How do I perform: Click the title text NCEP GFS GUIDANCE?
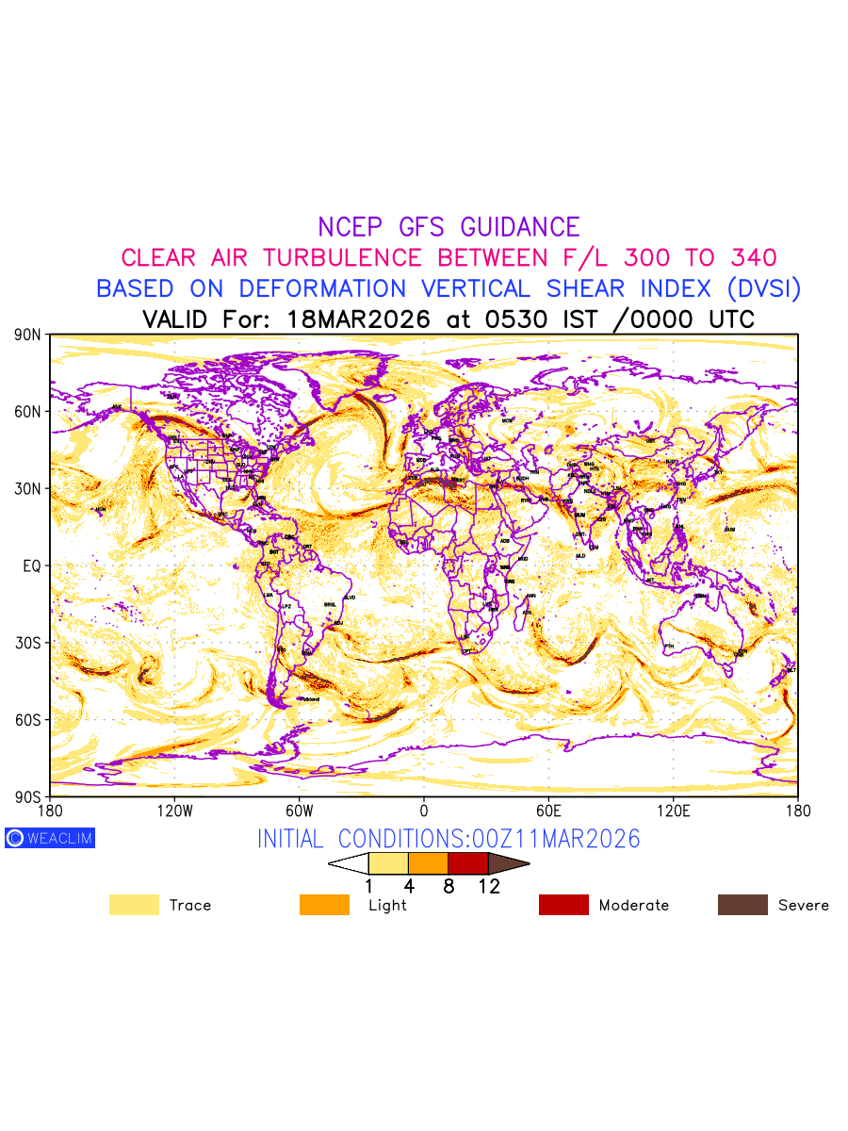pos(448,227)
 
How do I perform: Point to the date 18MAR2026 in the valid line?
pos(358,320)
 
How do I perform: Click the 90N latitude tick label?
pos(28,335)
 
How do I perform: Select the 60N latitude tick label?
pos(28,412)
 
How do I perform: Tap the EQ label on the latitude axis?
pos(32,565)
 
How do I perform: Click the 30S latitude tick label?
pos(28,643)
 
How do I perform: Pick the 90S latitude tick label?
pos(28,796)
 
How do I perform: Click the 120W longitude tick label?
pos(174,811)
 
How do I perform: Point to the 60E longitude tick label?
pos(548,811)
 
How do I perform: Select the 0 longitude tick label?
pos(424,811)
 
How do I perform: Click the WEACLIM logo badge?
pos(50,838)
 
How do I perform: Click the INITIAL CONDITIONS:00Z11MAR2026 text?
pos(448,839)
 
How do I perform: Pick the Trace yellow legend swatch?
pos(134,905)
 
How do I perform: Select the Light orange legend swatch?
pos(324,905)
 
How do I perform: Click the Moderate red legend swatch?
pos(563,905)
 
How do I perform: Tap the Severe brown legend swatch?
pos(742,905)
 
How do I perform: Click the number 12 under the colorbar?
pos(488,887)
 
